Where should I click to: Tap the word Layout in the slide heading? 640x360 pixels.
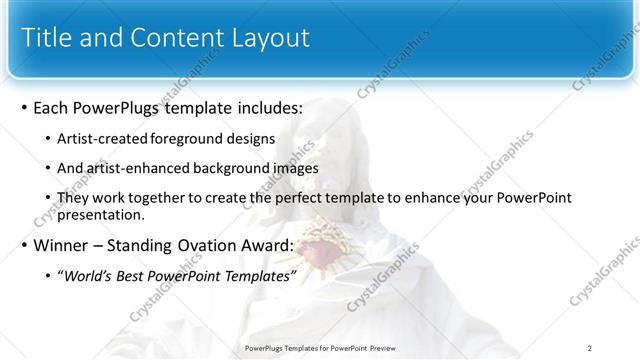coord(268,39)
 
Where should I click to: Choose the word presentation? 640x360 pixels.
coord(103,214)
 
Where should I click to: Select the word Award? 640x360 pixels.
coord(266,246)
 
